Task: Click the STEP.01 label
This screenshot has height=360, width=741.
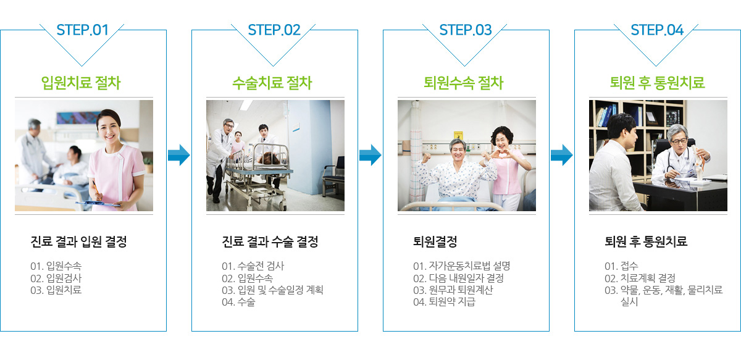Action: (x=82, y=30)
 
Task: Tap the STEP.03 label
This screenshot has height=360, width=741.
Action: (x=466, y=30)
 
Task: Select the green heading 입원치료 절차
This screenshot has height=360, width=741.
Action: (x=81, y=83)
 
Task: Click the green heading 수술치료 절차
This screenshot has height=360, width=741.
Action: (x=272, y=83)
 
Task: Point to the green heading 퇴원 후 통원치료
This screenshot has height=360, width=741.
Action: (x=657, y=83)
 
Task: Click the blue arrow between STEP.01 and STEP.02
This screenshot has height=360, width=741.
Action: (x=179, y=155)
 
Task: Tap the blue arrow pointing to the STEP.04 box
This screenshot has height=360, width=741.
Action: (x=562, y=155)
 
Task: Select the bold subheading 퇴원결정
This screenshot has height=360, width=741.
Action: (x=435, y=241)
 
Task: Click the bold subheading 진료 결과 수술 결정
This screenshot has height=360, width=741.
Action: (x=270, y=241)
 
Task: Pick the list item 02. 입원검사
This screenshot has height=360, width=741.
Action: (x=56, y=278)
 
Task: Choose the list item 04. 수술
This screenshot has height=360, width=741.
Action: (x=238, y=302)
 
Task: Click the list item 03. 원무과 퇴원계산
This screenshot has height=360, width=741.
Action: (x=453, y=290)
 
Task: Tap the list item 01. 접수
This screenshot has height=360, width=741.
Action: (x=621, y=266)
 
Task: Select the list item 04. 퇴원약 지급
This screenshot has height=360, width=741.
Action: (x=444, y=302)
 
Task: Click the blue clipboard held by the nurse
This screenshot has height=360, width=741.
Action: (x=98, y=204)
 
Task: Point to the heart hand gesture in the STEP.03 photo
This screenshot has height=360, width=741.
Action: (x=502, y=154)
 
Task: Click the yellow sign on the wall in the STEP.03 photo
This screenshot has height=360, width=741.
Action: (x=458, y=136)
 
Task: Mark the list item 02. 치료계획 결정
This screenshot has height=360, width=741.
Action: (x=640, y=278)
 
